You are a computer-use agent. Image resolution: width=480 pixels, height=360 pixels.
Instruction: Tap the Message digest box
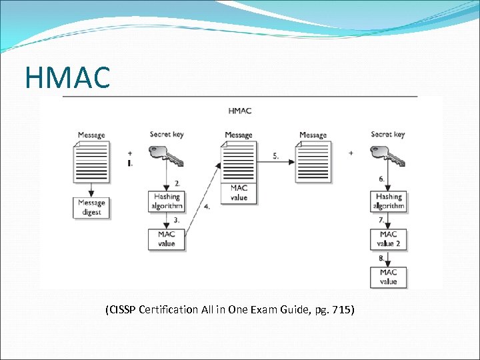(91, 207)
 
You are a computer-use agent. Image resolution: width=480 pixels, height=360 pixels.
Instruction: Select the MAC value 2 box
(389, 239)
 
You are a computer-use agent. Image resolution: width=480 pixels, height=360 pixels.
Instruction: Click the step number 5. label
(276, 156)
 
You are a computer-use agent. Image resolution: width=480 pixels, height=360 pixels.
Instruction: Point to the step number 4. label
(207, 207)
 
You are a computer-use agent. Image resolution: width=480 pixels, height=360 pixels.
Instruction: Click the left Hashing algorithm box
(167, 201)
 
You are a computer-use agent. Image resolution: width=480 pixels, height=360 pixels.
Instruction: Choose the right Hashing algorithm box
(389, 201)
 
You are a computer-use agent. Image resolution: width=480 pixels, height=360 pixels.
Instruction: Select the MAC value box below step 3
(167, 239)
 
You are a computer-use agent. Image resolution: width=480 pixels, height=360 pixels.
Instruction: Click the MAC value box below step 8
(389, 277)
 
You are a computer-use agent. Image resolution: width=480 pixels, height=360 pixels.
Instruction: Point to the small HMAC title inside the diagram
(240, 111)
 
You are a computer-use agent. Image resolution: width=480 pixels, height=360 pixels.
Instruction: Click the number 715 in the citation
(343, 309)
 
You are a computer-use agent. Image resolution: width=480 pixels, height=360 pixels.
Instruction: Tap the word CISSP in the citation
(123, 309)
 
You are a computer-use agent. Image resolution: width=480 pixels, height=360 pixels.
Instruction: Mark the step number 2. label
(177, 183)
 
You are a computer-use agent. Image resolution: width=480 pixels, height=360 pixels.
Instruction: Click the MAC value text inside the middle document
(239, 193)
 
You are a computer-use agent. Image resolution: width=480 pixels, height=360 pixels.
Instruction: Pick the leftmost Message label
(91, 135)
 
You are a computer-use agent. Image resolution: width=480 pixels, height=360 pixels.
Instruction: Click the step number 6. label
(381, 179)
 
